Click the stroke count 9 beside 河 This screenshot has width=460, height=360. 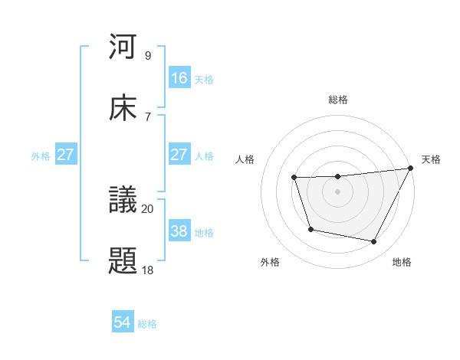coord(148,56)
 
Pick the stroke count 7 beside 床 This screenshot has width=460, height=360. coord(148,116)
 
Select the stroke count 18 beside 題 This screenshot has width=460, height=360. coord(148,269)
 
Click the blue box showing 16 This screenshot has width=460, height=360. coord(179,77)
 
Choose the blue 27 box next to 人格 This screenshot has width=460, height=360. coord(179,155)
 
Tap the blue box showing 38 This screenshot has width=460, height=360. coord(179,231)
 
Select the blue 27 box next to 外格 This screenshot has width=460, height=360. coord(65,155)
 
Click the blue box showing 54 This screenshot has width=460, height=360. coord(123,323)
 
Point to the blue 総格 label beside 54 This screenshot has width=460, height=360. coord(147,324)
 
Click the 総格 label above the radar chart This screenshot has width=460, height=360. coord(338,100)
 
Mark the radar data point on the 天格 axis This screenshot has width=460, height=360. coord(411,169)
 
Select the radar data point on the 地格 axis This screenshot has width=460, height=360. coord(374,242)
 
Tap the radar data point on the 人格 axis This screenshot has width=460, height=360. coord(294,178)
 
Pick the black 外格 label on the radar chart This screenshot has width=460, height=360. coord(270,262)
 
